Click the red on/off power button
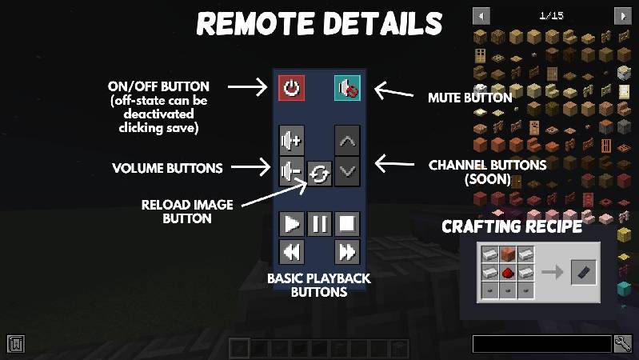pyautogui.click(x=291, y=87)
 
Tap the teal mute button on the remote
pyautogui.click(x=347, y=87)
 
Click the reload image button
pyautogui.click(x=318, y=174)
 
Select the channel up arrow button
pyautogui.click(x=347, y=141)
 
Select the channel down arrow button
pyautogui.click(x=347, y=170)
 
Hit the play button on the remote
pyautogui.click(x=292, y=223)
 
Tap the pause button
pyautogui.click(x=319, y=223)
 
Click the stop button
pyautogui.click(x=347, y=223)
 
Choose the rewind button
pyautogui.click(x=292, y=252)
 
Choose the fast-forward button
pyautogui.click(x=347, y=252)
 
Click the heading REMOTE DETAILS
pyautogui.click(x=319, y=23)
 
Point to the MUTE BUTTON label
pyautogui.click(x=470, y=98)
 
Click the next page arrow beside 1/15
pyautogui.click(x=621, y=15)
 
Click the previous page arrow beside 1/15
pyautogui.click(x=481, y=15)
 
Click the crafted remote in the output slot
pyautogui.click(x=583, y=274)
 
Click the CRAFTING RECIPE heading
pyautogui.click(x=512, y=227)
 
